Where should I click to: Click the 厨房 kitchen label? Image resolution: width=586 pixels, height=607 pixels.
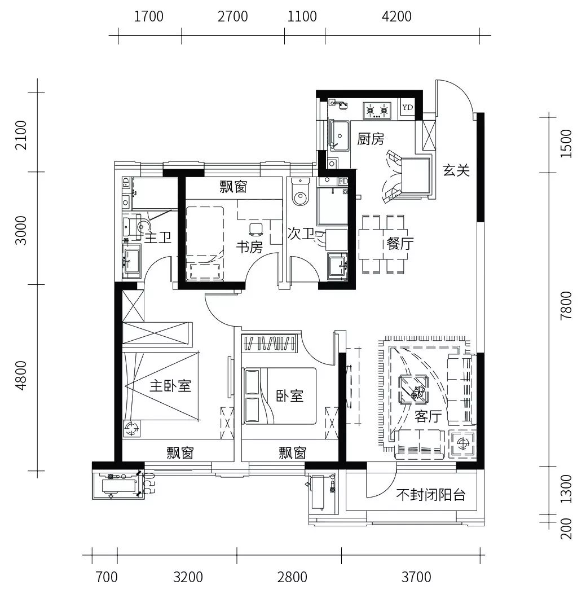pyautogui.click(x=371, y=139)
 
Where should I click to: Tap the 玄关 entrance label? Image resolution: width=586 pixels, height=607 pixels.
pyautogui.click(x=456, y=170)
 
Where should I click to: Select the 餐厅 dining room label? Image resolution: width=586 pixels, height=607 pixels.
pyautogui.click(x=400, y=244)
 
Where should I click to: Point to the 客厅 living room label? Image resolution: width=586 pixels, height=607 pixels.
pyautogui.click(x=428, y=416)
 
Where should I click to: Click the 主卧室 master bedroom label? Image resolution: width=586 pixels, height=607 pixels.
pyautogui.click(x=170, y=385)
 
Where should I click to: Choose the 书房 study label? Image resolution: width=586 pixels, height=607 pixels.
pyautogui.click(x=249, y=247)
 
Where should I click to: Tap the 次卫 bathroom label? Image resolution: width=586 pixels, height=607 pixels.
pyautogui.click(x=301, y=234)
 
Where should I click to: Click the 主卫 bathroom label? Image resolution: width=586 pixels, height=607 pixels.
pyautogui.click(x=158, y=237)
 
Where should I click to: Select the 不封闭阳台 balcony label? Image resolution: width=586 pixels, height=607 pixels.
pyautogui.click(x=430, y=495)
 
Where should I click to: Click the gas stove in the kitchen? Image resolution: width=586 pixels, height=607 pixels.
pyautogui.click(x=377, y=111)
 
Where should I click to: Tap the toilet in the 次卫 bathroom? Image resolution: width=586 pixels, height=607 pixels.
pyautogui.click(x=300, y=192)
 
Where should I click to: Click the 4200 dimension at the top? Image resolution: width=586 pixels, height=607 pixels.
pyautogui.click(x=396, y=17)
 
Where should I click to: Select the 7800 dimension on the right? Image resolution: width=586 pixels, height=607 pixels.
pyautogui.click(x=566, y=305)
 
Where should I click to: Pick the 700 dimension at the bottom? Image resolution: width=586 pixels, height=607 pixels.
pyautogui.click(x=107, y=577)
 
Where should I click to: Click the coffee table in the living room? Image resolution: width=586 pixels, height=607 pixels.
pyautogui.click(x=414, y=389)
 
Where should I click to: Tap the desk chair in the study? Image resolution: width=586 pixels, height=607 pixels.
pyautogui.click(x=255, y=229)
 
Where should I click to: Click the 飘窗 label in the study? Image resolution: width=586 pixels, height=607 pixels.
pyautogui.click(x=233, y=187)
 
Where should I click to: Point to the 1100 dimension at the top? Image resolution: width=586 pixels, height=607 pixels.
pyautogui.click(x=302, y=17)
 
